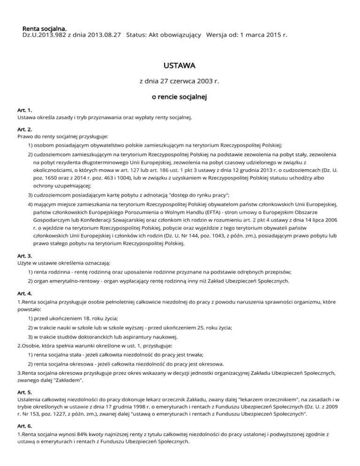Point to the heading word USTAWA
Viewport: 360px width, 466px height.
(180, 64)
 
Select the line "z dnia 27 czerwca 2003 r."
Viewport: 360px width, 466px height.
(180, 81)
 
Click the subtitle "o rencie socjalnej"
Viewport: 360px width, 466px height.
(180, 98)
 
